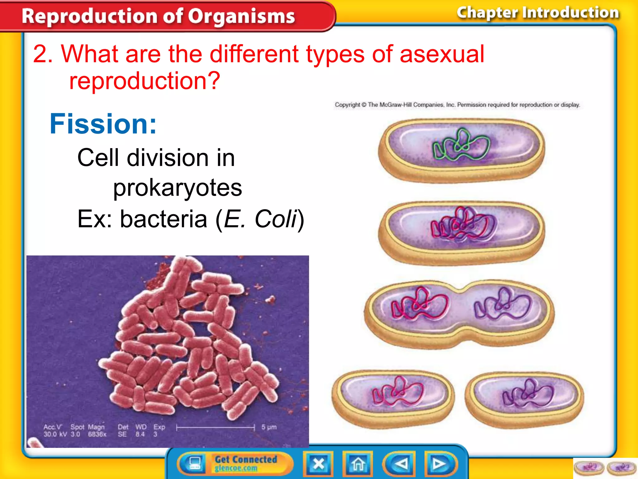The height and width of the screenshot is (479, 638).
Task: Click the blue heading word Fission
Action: click(x=103, y=124)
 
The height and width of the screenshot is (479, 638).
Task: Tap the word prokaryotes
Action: click(x=177, y=188)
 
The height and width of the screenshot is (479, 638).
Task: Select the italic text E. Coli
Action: click(x=260, y=219)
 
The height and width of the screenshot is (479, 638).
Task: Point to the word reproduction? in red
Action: click(x=145, y=81)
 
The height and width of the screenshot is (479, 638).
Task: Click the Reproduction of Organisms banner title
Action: click(x=158, y=16)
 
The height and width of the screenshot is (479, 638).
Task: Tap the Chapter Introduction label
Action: click(x=538, y=13)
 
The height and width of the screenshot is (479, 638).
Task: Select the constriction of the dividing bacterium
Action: click(x=460, y=313)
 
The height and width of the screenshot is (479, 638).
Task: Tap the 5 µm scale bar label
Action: click(x=269, y=427)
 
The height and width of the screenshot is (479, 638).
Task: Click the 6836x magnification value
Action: click(x=97, y=434)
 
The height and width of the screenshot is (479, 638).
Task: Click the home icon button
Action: click(x=358, y=464)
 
